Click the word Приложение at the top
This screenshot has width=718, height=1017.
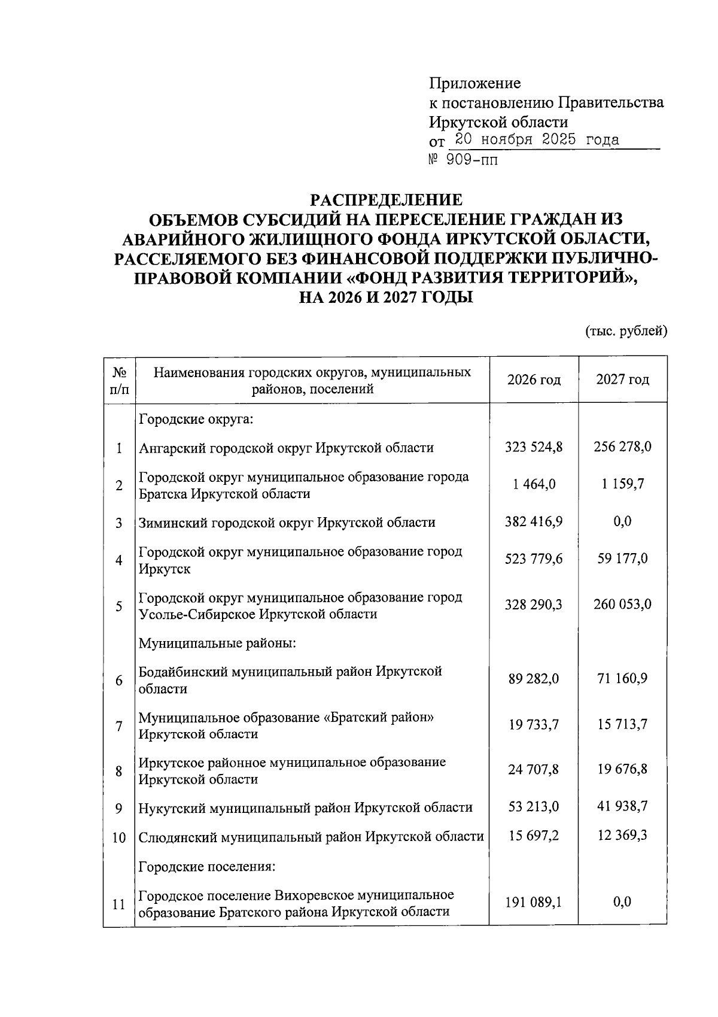475,83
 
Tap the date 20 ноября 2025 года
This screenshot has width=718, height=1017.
536,140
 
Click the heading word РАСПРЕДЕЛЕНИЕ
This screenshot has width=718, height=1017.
385,199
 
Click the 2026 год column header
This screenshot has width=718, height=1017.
534,380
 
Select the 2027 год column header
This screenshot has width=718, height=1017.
622,380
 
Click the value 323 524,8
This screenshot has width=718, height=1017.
534,447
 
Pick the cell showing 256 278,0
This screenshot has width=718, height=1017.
622,447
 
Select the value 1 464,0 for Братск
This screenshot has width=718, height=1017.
534,484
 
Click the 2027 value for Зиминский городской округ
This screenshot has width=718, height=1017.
622,521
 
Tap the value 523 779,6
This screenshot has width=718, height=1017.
534,559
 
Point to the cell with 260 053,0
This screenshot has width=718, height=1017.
622,605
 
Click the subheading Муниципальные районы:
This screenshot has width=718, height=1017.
218,643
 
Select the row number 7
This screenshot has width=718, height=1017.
119,726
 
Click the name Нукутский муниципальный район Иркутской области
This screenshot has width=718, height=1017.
305,807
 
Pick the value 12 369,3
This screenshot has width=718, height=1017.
622,835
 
